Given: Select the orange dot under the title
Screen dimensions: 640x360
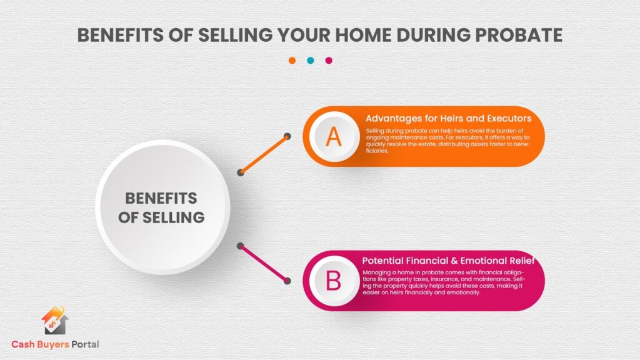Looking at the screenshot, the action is point(292,61).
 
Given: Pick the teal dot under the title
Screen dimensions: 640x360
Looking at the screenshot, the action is point(310,61).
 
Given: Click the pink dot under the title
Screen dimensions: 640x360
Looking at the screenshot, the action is point(329,61).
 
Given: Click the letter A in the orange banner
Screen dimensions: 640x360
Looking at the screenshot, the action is point(334,137).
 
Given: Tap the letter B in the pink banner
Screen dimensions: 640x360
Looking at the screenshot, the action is point(333,281).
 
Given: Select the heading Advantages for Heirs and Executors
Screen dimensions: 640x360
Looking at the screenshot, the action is point(448,118).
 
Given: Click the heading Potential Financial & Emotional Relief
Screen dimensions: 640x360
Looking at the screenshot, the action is point(448,261).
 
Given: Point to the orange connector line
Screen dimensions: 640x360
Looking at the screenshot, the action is point(264,154).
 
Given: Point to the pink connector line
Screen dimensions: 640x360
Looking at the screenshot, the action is point(264,263).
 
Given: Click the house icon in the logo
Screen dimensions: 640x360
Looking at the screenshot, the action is point(55,321).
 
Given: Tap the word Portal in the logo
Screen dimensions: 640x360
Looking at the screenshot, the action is point(85,344).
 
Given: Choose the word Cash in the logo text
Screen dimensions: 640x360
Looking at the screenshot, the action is point(23,344).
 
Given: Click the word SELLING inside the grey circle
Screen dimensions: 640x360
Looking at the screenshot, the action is point(173,217).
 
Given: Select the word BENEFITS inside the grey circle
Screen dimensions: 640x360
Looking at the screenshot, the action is point(161,198).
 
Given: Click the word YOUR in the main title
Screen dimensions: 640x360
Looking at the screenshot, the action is point(304,35).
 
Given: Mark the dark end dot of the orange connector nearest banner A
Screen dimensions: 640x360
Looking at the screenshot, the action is point(287,136).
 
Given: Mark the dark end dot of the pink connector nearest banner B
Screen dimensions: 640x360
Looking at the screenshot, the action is point(287,281).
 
